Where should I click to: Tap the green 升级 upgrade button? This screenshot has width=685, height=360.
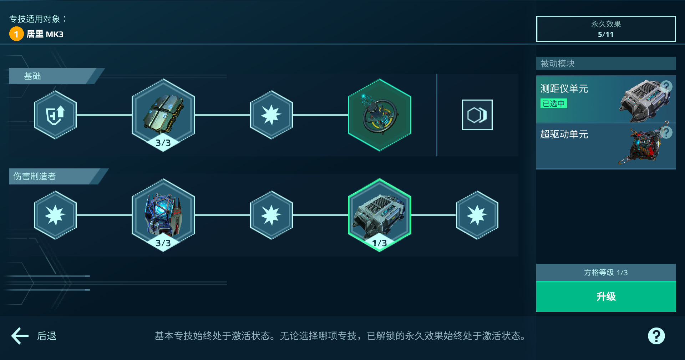606,296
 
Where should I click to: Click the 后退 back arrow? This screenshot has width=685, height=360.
20,336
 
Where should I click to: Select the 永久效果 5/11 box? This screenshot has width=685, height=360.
606,29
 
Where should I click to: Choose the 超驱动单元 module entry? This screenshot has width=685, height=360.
606,146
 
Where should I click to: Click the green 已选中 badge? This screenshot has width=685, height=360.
554,103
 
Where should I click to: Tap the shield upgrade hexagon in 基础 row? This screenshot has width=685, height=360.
55,115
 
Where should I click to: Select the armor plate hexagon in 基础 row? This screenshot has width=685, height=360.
163,115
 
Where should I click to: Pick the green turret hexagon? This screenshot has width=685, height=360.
380,115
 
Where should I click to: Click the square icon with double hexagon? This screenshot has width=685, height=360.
477,115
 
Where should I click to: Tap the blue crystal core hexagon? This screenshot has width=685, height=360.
163,215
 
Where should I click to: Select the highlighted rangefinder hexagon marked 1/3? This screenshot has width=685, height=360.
380,215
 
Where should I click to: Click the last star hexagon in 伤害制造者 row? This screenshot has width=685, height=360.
477,215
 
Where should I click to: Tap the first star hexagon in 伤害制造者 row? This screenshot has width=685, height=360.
55,215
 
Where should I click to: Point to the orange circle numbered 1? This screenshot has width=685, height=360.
16,34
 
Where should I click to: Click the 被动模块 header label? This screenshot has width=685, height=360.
558,64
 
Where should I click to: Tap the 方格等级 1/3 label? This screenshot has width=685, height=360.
606,273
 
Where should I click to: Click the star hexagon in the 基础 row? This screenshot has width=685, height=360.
272,115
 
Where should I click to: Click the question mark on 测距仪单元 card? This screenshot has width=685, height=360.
666,86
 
